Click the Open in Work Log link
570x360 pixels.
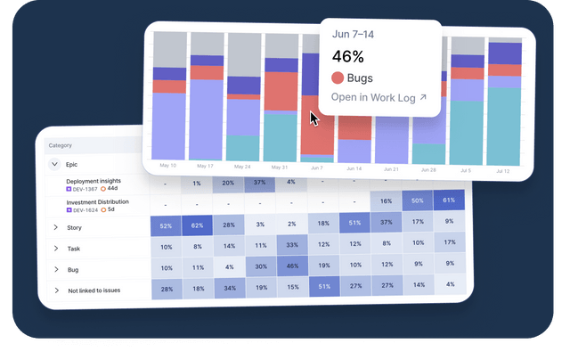pyautogui.click(x=379, y=97)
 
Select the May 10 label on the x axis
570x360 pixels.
pyautogui.click(x=168, y=166)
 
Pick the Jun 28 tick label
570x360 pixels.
pyautogui.click(x=428, y=168)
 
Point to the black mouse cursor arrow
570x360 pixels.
pyautogui.click(x=314, y=118)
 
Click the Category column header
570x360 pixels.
pyautogui.click(x=60, y=145)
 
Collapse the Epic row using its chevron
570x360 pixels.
pyautogui.click(x=54, y=164)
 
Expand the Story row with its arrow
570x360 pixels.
pyautogui.click(x=55, y=228)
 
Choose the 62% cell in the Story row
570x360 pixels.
pyautogui.click(x=197, y=226)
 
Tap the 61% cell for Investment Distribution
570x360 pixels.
pyautogui.click(x=450, y=201)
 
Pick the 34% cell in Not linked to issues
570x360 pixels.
pyautogui.click(x=229, y=288)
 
